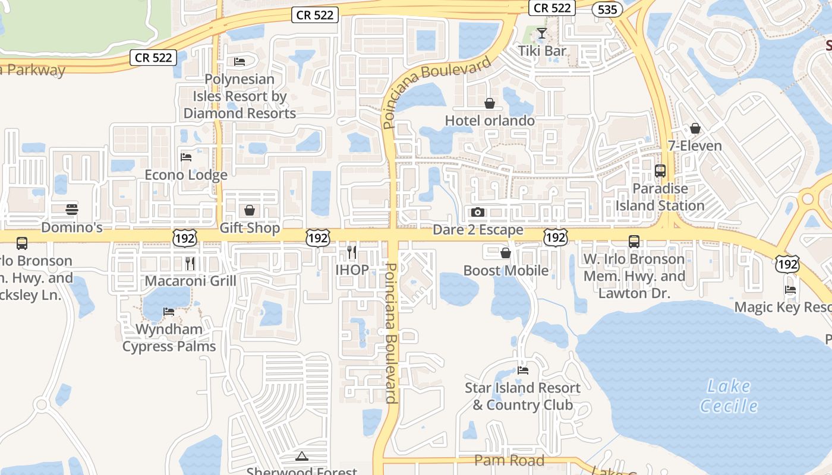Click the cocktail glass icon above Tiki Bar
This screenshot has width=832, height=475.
tap(541, 33)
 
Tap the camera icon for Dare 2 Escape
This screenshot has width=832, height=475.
tap(477, 212)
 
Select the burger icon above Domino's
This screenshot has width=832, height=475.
tap(72, 209)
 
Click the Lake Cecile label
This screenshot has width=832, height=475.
tap(729, 396)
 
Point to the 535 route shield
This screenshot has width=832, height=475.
tap(607, 9)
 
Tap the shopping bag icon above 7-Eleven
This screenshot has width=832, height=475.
tap(695, 128)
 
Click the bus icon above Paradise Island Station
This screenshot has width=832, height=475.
tap(660, 171)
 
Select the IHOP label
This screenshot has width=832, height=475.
tap(352, 270)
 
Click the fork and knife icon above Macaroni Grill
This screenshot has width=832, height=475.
tap(190, 263)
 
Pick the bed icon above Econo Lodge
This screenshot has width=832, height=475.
tap(186, 157)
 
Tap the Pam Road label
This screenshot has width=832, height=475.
tap(509, 460)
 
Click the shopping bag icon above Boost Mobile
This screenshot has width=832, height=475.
tap(506, 254)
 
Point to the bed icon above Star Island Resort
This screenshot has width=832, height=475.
tap(523, 370)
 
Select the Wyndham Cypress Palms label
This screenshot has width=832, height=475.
tap(169, 338)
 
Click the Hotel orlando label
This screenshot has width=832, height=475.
tap(490, 121)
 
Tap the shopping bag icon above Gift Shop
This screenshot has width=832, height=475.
tap(250, 211)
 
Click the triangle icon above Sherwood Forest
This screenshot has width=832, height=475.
tap(302, 457)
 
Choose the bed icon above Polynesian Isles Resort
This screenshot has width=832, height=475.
tap(239, 62)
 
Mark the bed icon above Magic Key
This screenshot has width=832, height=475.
tap(790, 290)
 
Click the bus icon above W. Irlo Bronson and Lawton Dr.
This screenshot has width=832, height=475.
tap(634, 242)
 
